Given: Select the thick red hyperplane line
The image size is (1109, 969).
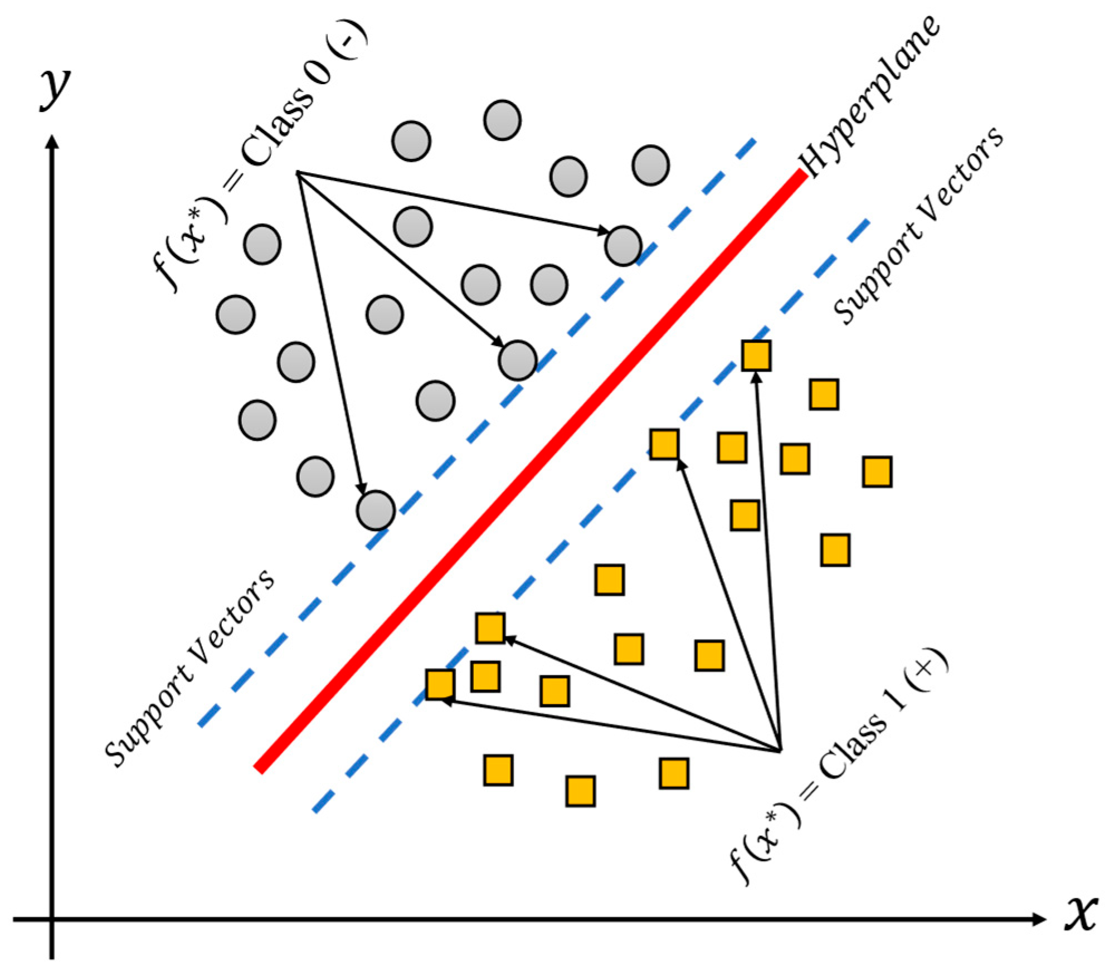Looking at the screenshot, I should tap(529, 471).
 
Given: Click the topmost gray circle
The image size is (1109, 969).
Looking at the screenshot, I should tap(502, 120).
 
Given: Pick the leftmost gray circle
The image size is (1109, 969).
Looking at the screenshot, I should tap(236, 314).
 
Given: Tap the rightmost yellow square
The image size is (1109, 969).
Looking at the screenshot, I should tap(877, 471).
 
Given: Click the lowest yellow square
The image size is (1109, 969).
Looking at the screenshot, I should tap(580, 791).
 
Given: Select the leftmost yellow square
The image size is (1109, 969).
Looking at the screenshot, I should tap(440, 684).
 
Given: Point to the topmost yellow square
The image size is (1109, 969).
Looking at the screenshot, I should tap(756, 356).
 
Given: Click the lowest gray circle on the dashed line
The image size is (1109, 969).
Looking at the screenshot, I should tap(376, 510).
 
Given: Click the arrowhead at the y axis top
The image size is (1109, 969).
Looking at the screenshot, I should tap(52, 143).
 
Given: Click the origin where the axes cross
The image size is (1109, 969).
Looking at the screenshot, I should tap(52, 919).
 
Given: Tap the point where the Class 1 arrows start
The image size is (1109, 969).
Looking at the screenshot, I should tap(780, 751).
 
